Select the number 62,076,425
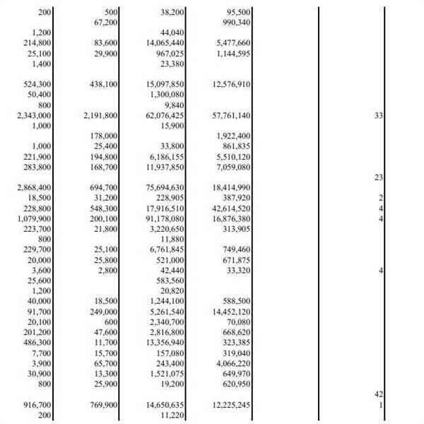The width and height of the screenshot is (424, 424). pos(166,115)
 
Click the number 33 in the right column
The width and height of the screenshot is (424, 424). pos(378,115)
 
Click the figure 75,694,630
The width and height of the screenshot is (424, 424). pos(166,187)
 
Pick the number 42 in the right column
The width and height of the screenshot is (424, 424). pos(378,394)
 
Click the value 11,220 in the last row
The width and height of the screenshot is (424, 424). pos(172,415)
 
